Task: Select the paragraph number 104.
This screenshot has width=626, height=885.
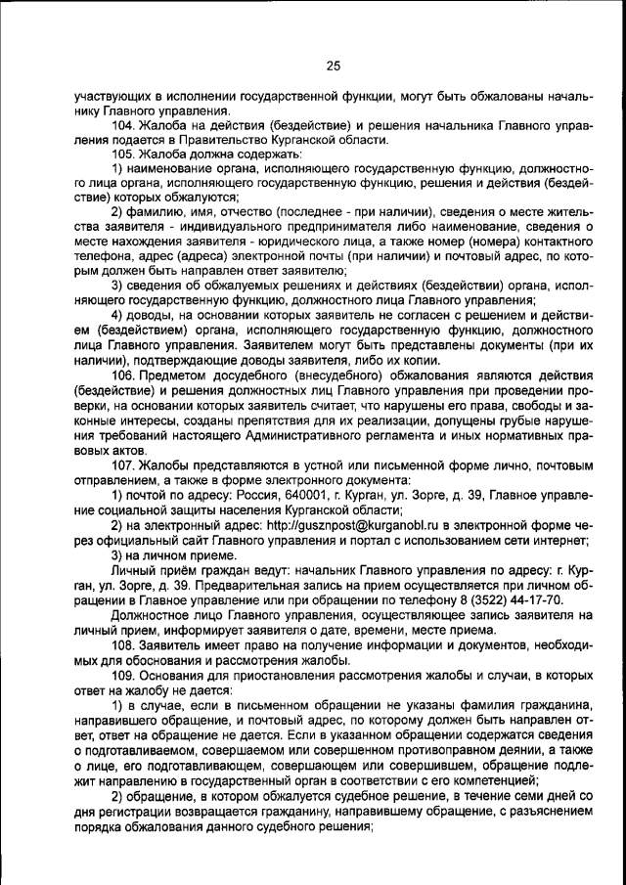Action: (123, 126)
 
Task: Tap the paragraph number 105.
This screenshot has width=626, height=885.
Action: (123, 155)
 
